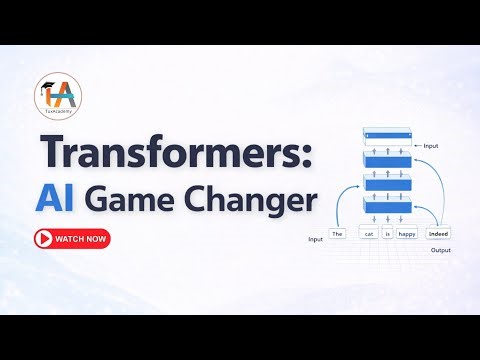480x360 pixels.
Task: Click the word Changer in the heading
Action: (249, 201)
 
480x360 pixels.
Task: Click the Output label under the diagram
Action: (441, 250)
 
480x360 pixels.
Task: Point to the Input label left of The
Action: (315, 240)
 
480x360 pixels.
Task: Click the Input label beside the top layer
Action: (431, 145)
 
